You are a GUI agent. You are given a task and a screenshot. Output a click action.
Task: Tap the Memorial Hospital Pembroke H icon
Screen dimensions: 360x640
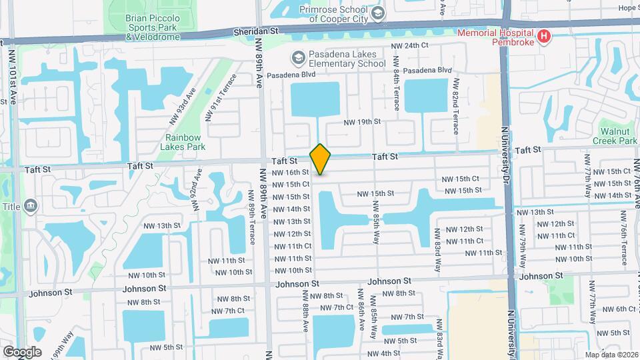tap(544, 36)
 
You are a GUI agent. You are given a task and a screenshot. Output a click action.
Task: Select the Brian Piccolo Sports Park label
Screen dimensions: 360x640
tap(151, 28)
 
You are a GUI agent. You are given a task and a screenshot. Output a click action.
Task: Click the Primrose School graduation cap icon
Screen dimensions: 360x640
tap(378, 13)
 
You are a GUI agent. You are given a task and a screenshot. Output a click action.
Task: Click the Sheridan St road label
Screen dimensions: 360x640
tap(255, 31)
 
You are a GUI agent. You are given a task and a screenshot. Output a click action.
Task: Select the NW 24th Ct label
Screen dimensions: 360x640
tap(409, 45)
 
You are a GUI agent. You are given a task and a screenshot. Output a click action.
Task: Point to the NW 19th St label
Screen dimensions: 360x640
tap(362, 122)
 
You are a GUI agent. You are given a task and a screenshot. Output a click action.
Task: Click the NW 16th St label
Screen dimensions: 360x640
tap(291, 172)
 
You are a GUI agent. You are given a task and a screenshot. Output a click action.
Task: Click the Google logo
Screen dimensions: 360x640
tap(22, 351)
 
